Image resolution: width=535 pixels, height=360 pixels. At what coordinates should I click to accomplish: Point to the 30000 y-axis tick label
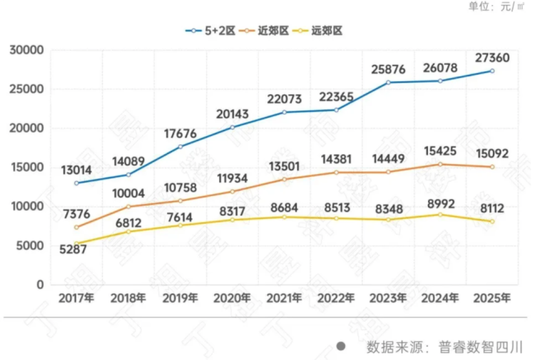pos(27,51)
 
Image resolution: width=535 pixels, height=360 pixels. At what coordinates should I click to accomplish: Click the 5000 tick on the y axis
pos(31,245)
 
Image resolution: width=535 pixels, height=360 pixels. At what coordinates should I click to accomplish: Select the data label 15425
pos(441,151)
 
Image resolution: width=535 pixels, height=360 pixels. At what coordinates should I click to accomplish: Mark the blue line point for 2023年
pos(389,83)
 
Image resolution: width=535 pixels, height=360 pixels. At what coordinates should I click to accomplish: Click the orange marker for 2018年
pos(128,207)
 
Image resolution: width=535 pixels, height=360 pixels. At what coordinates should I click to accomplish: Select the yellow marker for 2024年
pos(440,215)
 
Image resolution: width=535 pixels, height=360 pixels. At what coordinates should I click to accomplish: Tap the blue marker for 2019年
pos(180,147)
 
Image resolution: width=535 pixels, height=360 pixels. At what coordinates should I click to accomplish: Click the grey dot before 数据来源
pos(342,347)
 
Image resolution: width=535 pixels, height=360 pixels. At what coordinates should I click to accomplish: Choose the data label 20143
pos(235,113)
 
